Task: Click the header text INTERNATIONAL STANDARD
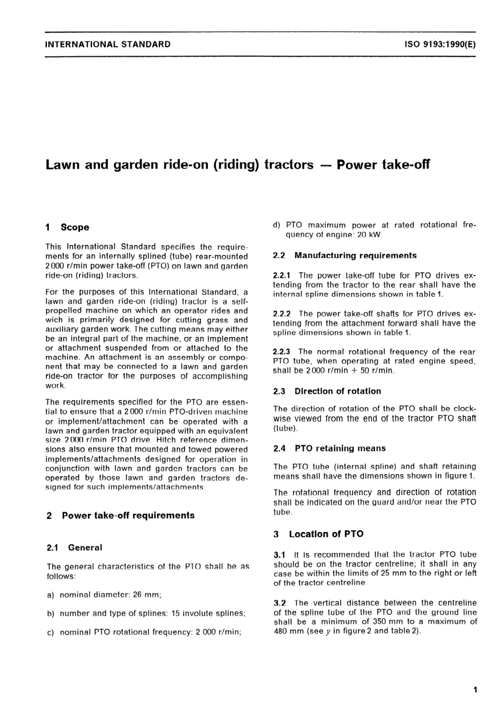pyautogui.click(x=108, y=44)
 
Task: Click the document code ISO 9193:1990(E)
pyautogui.click(x=440, y=44)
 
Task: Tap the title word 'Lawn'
pyautogui.click(x=63, y=165)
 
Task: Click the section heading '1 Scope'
pyautogui.click(x=68, y=228)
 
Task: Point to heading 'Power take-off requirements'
pyautogui.click(x=128, y=516)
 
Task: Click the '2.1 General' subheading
pyautogui.click(x=74, y=548)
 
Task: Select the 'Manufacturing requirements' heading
pyautogui.click(x=355, y=255)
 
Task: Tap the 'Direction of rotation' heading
pyautogui.click(x=337, y=391)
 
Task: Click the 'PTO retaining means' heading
pyautogui.click(x=340, y=448)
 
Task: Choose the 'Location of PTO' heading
pyautogui.click(x=326, y=534)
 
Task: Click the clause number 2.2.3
pyautogui.click(x=284, y=352)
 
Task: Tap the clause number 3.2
pyautogui.click(x=279, y=603)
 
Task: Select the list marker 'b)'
pyautogui.click(x=51, y=613)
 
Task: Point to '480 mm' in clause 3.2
pyautogui.click(x=285, y=631)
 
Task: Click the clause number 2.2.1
pyautogui.click(x=284, y=275)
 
